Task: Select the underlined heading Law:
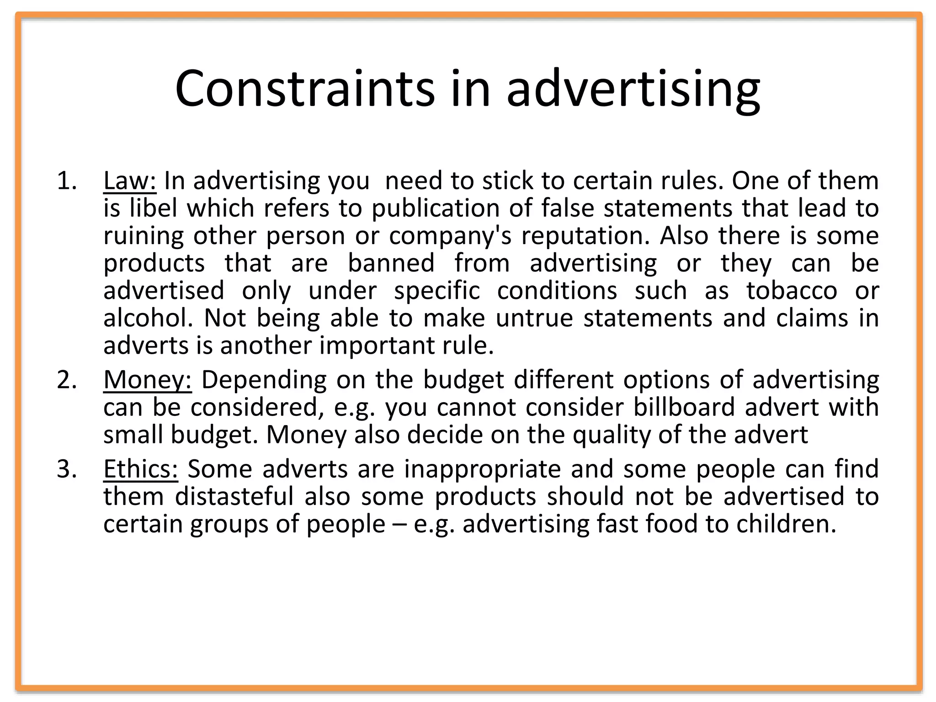point(130,181)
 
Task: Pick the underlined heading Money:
point(147,380)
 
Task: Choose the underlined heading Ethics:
point(140,469)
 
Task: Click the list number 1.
point(66,181)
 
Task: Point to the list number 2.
point(66,380)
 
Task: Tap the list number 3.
point(66,469)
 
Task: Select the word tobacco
point(792,291)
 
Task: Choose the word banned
point(391,263)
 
